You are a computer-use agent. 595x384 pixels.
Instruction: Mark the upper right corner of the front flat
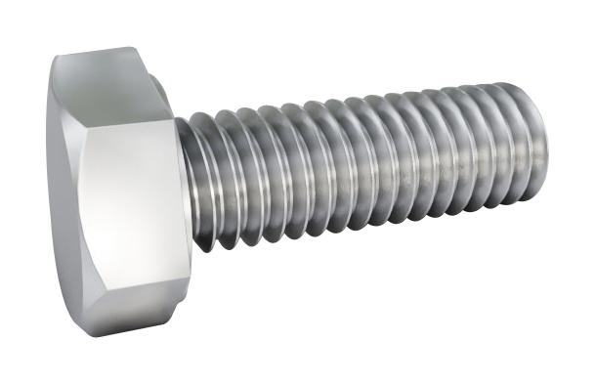point(176,121)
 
